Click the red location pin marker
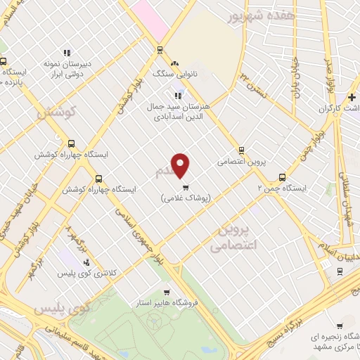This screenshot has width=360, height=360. click(x=181, y=165)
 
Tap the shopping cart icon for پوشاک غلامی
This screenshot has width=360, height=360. click(x=186, y=187)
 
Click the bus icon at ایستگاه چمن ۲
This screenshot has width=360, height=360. click(x=282, y=177)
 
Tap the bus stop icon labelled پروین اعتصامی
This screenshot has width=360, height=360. click(x=242, y=150)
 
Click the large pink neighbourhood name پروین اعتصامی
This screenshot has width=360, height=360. click(x=235, y=238)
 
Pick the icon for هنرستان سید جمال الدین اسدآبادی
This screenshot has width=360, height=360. click(x=178, y=95)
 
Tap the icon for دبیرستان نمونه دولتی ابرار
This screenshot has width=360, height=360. click(x=67, y=52)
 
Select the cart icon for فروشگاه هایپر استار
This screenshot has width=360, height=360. click(x=166, y=292)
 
